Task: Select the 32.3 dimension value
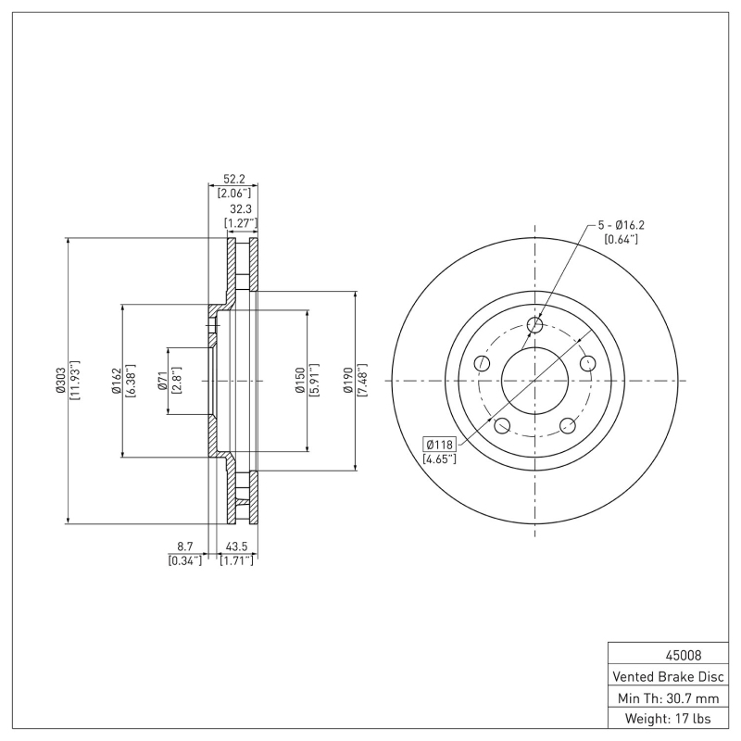(x=240, y=209)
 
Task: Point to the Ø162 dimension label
(x=117, y=381)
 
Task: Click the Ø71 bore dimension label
(x=162, y=381)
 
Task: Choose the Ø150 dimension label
(x=300, y=381)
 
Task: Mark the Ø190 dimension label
(x=348, y=381)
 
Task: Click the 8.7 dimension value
(x=185, y=547)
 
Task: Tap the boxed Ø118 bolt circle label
(x=440, y=444)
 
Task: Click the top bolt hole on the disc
(x=534, y=324)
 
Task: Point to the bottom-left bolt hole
(x=502, y=426)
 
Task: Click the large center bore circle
(x=534, y=381)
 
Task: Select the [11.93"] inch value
(x=74, y=381)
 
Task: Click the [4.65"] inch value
(x=440, y=459)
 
